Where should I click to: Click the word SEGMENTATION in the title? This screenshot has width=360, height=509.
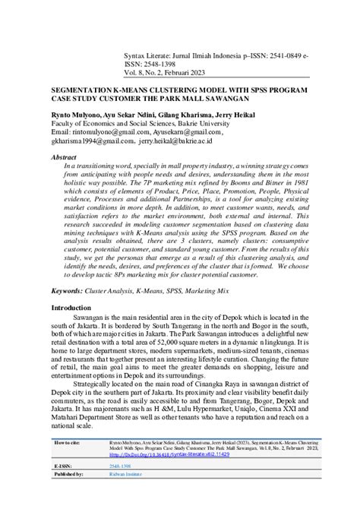(x=81, y=90)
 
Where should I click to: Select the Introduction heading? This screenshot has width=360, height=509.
(x=75, y=308)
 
